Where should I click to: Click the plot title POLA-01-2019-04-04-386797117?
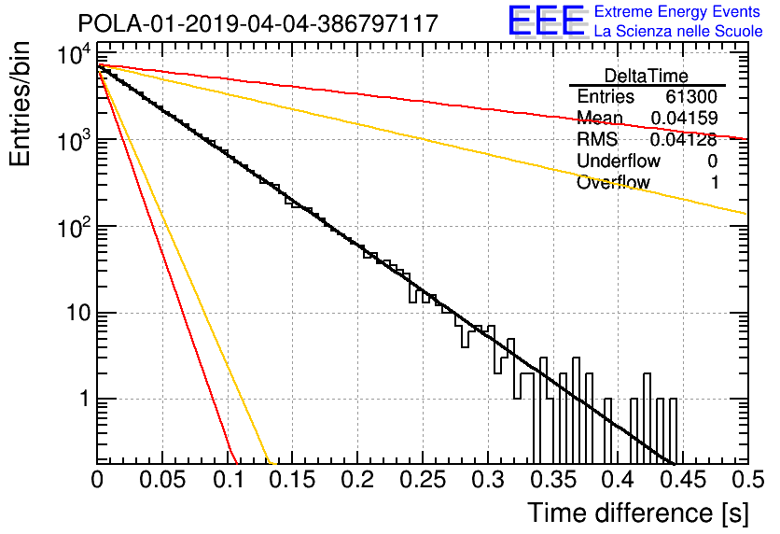coord(258,23)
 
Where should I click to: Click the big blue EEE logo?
coord(546,21)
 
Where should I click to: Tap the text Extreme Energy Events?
coord(677,11)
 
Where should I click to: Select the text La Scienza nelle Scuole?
coord(678,31)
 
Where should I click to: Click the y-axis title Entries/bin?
coord(20,104)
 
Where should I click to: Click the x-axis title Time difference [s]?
coord(638,513)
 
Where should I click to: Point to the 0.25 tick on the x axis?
coord(424,480)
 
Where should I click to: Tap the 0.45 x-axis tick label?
coord(683,480)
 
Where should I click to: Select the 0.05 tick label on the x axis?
coord(162,480)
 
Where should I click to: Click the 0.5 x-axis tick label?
coord(747,480)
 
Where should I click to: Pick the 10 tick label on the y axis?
coord(78,313)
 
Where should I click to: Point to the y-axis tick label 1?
coord(85,399)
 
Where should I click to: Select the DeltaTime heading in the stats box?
coord(647,76)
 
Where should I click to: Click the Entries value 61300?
coord(691,96)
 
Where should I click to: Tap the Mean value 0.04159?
coord(685,118)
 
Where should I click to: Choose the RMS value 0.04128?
coord(684,139)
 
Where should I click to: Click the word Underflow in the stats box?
coord(619,161)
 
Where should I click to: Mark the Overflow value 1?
coord(715,183)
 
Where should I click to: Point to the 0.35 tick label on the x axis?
coord(553,480)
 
